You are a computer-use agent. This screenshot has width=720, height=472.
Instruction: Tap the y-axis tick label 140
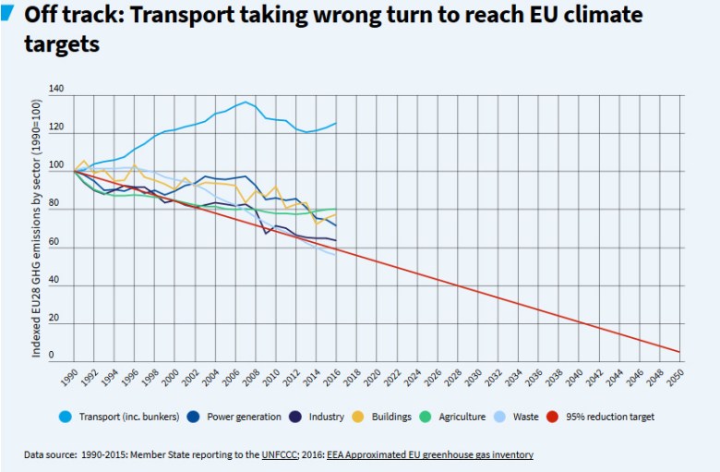pyautogui.click(x=57, y=90)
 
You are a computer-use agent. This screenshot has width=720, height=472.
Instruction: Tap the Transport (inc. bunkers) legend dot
pyautogui.click(x=66, y=417)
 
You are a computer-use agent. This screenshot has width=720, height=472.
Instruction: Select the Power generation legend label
pyautogui.click(x=244, y=417)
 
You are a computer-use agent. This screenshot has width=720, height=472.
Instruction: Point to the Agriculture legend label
pyautogui.click(x=458, y=417)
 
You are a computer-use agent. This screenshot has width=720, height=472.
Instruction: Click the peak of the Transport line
pyautogui.click(x=246, y=102)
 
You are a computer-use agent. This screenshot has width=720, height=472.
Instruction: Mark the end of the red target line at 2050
pyautogui.click(x=679, y=352)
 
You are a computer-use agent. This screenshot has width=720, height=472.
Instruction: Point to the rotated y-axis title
pyautogui.click(x=38, y=226)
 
